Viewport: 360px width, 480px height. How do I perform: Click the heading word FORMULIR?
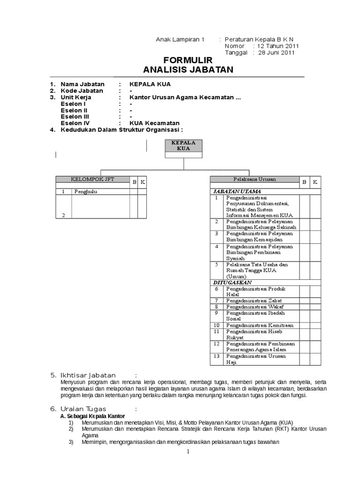[187, 60]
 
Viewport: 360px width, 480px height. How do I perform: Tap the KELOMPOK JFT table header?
[92, 180]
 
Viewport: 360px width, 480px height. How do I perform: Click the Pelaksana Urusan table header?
[255, 180]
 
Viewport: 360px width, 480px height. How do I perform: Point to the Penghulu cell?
[86, 192]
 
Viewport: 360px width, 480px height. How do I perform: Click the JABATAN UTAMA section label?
[237, 191]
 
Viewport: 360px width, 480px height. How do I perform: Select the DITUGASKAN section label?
[232, 283]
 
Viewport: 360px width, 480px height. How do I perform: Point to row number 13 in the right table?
[217, 356]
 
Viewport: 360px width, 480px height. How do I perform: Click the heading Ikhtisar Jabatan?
[88, 375]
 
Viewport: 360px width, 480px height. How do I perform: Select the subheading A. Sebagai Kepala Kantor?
[93, 416]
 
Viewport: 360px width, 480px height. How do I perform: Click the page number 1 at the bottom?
[187, 452]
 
